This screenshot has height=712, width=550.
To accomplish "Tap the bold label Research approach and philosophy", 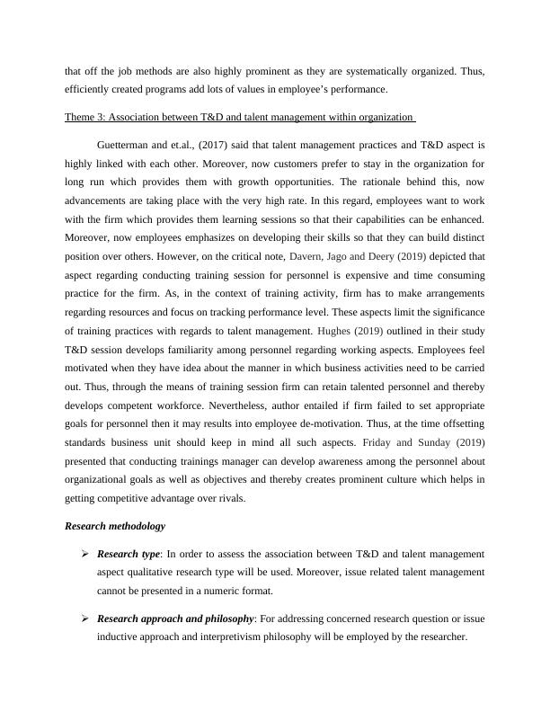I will point(175,618).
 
